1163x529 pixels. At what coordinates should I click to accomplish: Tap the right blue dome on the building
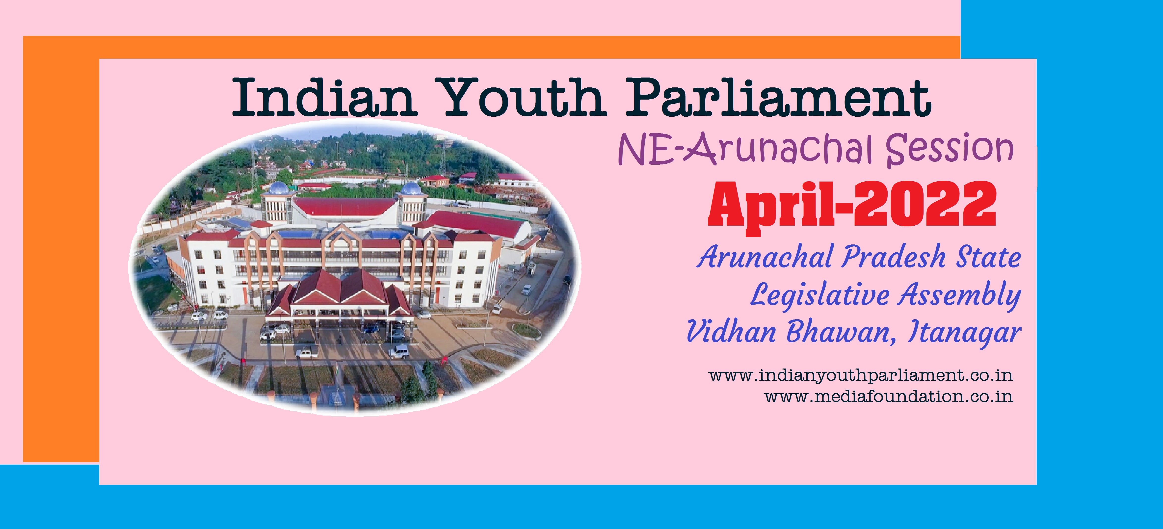[411, 188]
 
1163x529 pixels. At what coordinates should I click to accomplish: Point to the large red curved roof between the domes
[345, 206]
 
